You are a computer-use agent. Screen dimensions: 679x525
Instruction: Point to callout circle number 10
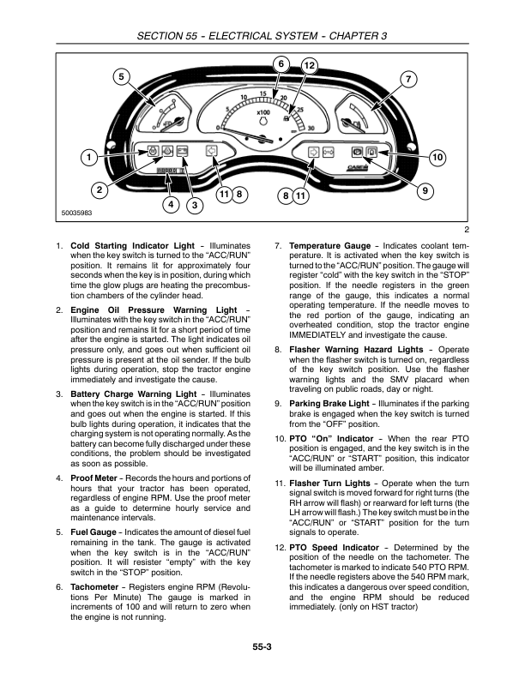437,158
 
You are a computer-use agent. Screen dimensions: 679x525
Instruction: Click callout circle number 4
172,204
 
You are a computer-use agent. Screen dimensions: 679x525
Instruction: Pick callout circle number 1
87,158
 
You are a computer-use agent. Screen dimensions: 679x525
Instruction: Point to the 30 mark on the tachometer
311,128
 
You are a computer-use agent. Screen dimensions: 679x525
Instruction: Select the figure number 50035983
76,213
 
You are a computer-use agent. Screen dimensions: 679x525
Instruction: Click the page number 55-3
262,646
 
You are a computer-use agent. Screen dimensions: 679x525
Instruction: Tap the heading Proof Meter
94,476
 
